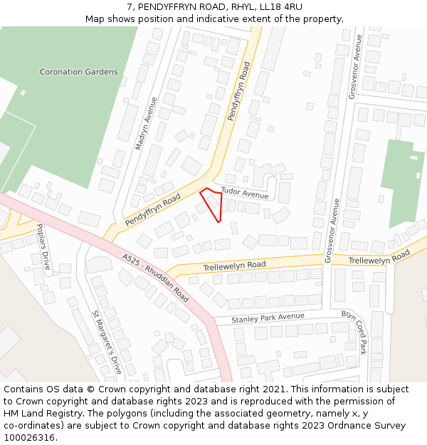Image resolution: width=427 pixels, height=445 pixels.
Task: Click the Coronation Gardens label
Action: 78,72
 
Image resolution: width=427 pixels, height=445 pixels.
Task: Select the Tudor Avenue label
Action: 245,193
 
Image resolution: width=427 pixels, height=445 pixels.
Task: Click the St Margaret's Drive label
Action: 107,342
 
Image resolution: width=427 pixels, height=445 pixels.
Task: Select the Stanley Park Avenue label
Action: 268,318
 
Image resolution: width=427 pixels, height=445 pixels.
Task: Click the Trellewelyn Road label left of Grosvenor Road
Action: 234,265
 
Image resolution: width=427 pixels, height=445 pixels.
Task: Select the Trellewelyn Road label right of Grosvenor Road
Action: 379,257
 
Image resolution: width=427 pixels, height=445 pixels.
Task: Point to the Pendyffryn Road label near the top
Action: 238,91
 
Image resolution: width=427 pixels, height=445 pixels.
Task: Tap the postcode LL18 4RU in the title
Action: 278,7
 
